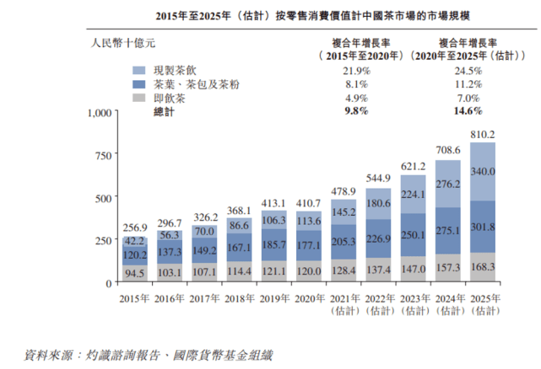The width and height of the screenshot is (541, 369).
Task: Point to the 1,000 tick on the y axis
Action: (x=99, y=113)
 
